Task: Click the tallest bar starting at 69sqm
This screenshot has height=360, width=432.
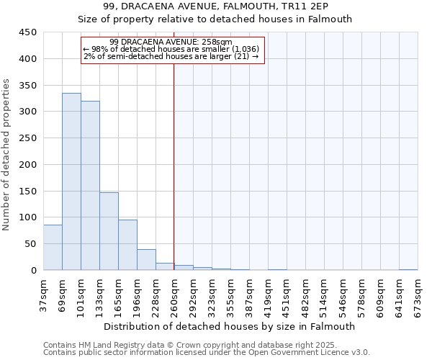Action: [x=71, y=181]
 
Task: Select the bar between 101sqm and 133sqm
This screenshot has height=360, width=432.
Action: [x=90, y=186]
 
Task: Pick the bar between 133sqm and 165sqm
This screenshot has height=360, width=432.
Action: [x=109, y=231]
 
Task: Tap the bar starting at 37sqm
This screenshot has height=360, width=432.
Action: [x=53, y=248]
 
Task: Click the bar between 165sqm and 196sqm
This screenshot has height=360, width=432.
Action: [x=127, y=245]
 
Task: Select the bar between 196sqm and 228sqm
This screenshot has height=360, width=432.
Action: [x=146, y=260]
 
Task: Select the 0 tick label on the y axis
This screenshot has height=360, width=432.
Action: [x=33, y=271]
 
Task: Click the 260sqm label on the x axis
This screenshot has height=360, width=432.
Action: [x=174, y=294]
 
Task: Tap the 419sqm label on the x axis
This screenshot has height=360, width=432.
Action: [x=268, y=294]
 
